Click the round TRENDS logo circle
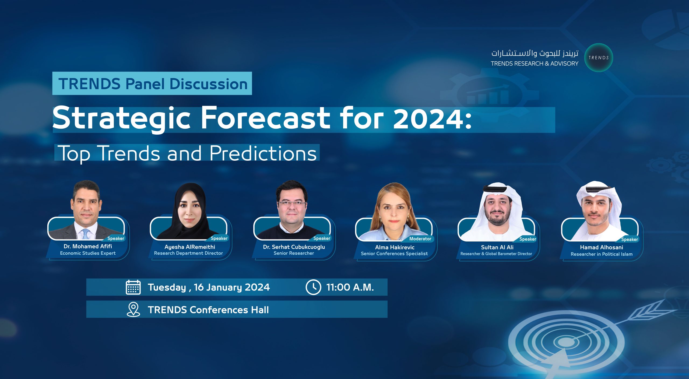pyautogui.click(x=599, y=58)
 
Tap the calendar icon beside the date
pyautogui.click(x=133, y=287)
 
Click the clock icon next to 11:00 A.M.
pyautogui.click(x=313, y=287)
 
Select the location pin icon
pyautogui.click(x=133, y=309)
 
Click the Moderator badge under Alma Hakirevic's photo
pyautogui.click(x=420, y=239)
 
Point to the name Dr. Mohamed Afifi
pyautogui.click(x=88, y=246)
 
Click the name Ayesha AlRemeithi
pyautogui.click(x=190, y=247)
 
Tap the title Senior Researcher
pyautogui.click(x=294, y=253)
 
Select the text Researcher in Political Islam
pyautogui.click(x=602, y=254)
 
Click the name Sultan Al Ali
pyautogui.click(x=497, y=247)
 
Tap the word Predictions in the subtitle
pyautogui.click(x=263, y=153)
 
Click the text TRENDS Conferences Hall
pyautogui.click(x=208, y=310)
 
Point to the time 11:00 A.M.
pyautogui.click(x=350, y=287)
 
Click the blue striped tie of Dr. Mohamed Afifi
pyautogui.click(x=86, y=234)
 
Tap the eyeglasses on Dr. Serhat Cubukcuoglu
pyautogui.click(x=292, y=203)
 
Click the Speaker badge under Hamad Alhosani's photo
pyautogui.click(x=630, y=239)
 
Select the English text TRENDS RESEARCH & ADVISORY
pyautogui.click(x=535, y=64)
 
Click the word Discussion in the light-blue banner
pyautogui.click(x=209, y=84)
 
